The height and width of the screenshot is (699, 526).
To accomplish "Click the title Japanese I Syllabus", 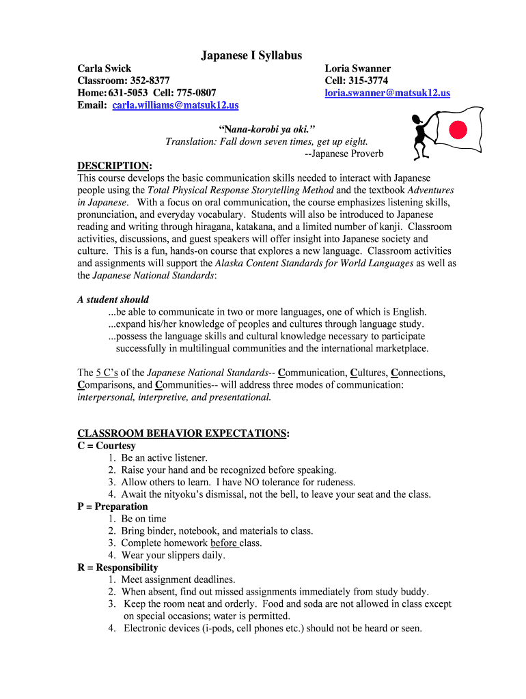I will click(251, 55).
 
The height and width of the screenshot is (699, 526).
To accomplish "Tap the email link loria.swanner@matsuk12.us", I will click(387, 93).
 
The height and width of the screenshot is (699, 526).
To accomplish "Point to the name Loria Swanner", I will click(357, 68).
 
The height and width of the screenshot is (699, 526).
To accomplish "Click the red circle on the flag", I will click(458, 129).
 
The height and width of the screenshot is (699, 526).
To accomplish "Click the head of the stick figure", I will click(417, 121).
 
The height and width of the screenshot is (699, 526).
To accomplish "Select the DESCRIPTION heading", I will click(113, 166).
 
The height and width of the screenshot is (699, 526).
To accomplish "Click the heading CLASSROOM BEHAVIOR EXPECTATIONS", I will click(182, 433).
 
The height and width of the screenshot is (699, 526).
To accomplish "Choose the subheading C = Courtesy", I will click(107, 446).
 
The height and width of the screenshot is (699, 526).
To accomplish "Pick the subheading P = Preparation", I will click(113, 507).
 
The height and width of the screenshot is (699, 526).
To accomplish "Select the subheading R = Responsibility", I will click(117, 567).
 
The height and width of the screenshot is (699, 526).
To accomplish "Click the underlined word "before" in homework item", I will click(223, 543).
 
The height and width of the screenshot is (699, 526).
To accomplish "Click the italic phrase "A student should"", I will click(113, 300).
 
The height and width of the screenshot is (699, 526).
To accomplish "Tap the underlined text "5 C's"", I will click(107, 373).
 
